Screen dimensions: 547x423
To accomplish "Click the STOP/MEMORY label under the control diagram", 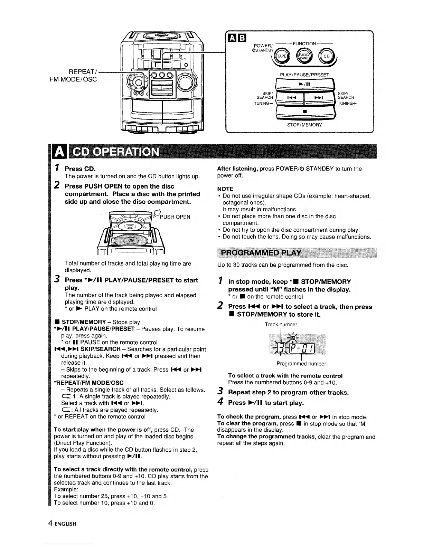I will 304,125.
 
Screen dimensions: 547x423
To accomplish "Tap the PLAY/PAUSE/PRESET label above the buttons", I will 304,74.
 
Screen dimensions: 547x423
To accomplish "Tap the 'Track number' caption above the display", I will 281,324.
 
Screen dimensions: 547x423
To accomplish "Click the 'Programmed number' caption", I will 301,364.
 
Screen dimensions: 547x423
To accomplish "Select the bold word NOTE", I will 225,189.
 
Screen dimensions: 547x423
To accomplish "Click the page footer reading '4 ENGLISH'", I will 62,524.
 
